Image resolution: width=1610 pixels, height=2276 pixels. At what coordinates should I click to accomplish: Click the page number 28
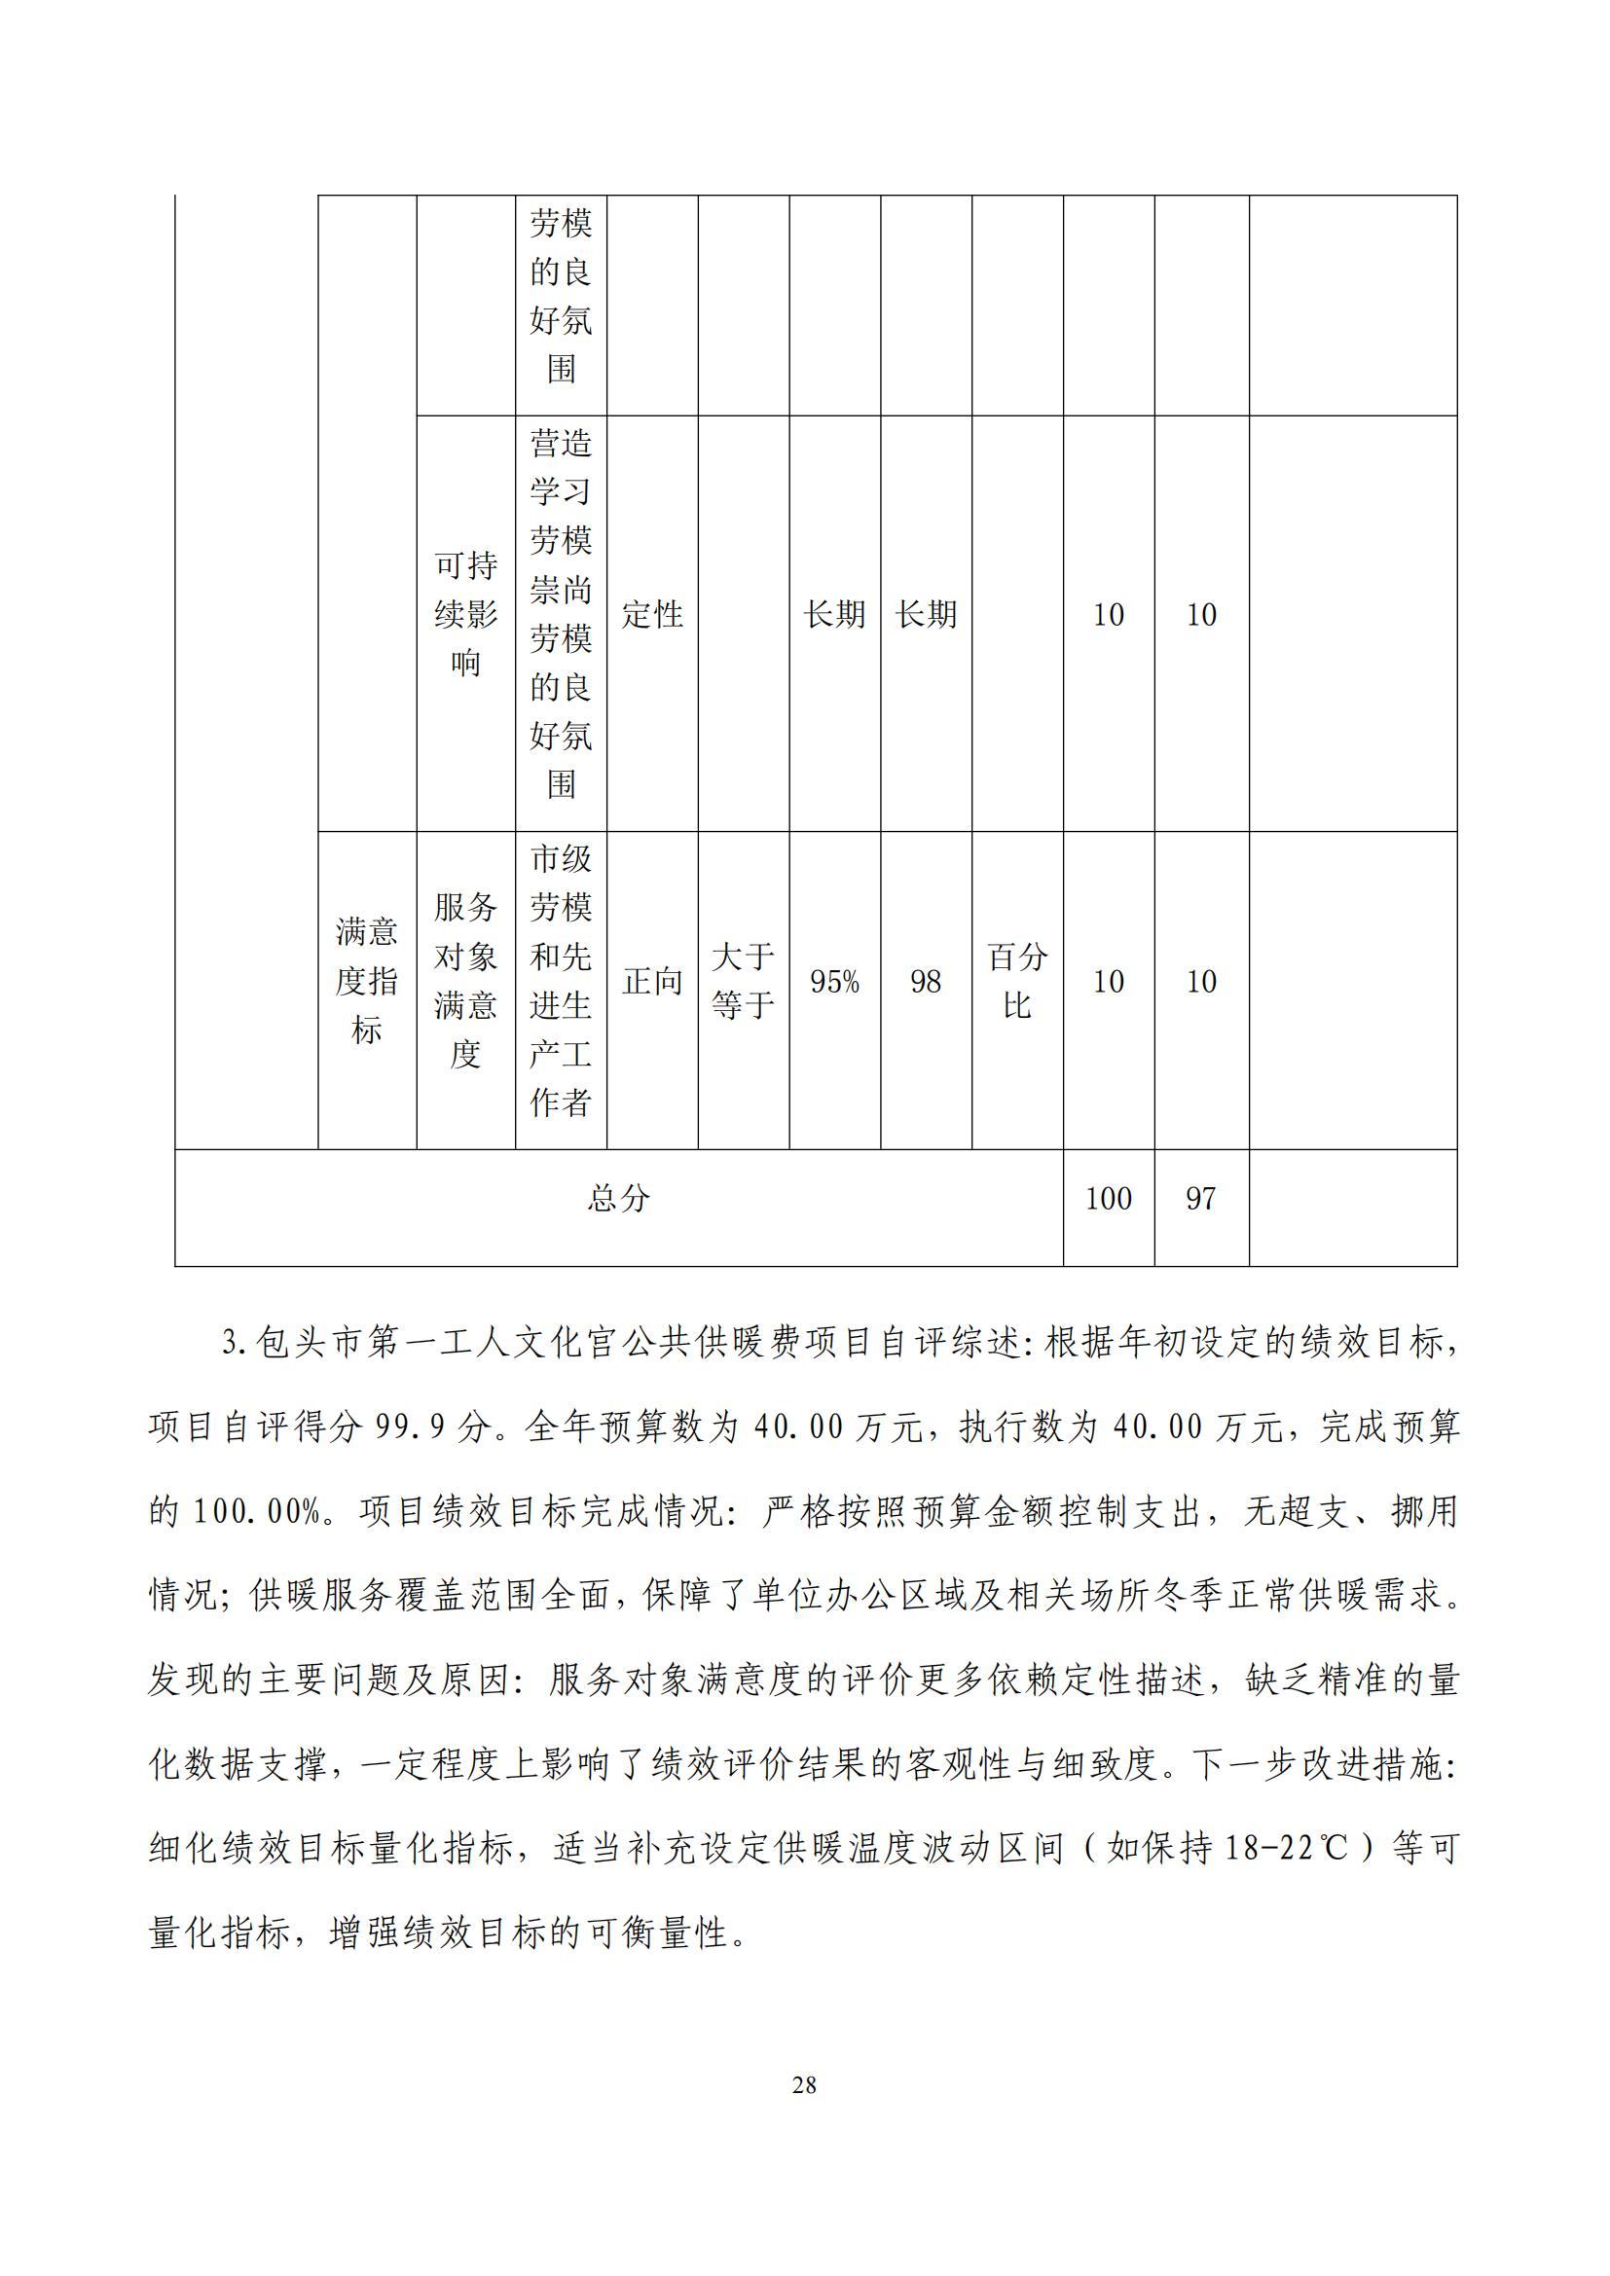pyautogui.click(x=804, y=2085)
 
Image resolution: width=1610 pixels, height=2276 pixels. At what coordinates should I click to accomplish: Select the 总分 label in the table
pyautogui.click(x=619, y=1198)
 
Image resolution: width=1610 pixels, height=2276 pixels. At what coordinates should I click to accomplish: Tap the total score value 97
pyautogui.click(x=1200, y=1199)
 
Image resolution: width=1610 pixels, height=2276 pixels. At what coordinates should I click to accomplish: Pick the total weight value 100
pyautogui.click(x=1109, y=1199)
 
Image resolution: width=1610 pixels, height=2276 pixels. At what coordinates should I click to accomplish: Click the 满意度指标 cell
pyautogui.click(x=367, y=981)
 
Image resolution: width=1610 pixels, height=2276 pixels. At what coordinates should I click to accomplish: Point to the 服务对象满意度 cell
pyautogui.click(x=465, y=981)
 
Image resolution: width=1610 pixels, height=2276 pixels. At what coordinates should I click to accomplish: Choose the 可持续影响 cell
pyautogui.click(x=465, y=615)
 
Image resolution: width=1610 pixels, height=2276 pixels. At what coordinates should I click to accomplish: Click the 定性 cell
pyautogui.click(x=652, y=615)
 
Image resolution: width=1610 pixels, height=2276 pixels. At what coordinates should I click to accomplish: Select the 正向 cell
pyautogui.click(x=652, y=982)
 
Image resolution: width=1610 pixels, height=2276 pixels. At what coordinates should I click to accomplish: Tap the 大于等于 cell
pyautogui.click(x=743, y=982)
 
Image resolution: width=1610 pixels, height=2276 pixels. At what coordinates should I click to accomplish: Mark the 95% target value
pyautogui.click(x=835, y=982)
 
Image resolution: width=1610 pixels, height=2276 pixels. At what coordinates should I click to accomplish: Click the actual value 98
pyautogui.click(x=925, y=982)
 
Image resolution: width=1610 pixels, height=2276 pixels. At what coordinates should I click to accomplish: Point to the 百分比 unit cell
pyautogui.click(x=1017, y=982)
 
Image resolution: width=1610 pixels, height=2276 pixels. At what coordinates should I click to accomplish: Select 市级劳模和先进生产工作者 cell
pyautogui.click(x=561, y=981)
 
